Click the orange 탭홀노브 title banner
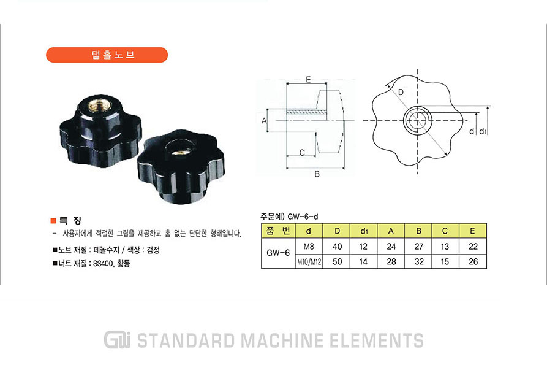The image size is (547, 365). [x=107, y=55]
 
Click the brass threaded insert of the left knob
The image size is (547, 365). [x=95, y=105]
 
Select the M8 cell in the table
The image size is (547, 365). [x=309, y=247]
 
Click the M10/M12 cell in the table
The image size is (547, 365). [x=309, y=261]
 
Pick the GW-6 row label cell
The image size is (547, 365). [x=278, y=253]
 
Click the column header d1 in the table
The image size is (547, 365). [x=363, y=231]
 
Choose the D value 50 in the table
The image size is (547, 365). [x=337, y=261]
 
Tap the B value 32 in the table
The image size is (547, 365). [x=419, y=261]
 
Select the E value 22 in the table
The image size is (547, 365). [x=473, y=247]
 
